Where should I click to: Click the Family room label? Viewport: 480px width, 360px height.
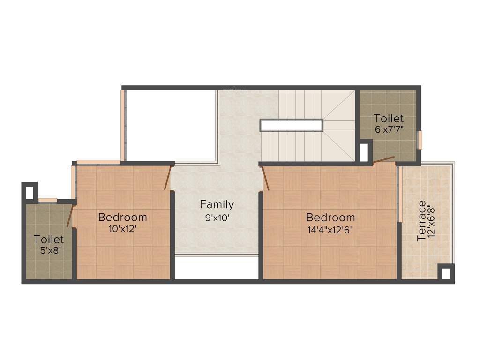[x=217, y=204]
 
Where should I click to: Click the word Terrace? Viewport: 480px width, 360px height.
[x=421, y=221]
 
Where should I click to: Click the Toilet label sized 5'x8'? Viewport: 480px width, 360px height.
[x=49, y=240]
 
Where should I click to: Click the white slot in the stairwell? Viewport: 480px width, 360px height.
[x=292, y=125]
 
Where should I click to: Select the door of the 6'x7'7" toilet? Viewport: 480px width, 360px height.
[x=383, y=161]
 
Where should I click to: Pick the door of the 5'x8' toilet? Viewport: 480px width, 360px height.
[x=70, y=216]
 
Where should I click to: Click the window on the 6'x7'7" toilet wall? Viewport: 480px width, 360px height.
[x=420, y=140]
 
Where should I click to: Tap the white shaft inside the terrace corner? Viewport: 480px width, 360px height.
[x=446, y=272]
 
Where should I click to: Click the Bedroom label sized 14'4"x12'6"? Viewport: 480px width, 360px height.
[x=330, y=217]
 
